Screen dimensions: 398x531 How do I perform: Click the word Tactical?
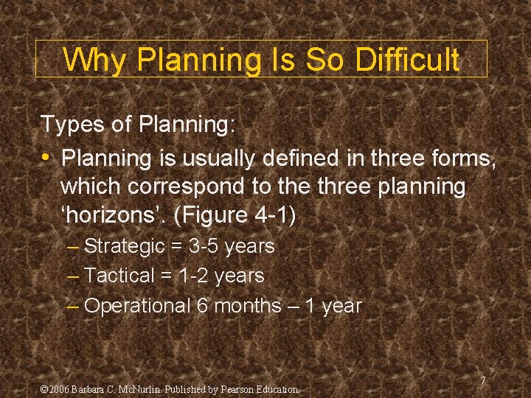pyautogui.click(x=119, y=276)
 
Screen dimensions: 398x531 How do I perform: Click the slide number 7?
pyautogui.click(x=482, y=380)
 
